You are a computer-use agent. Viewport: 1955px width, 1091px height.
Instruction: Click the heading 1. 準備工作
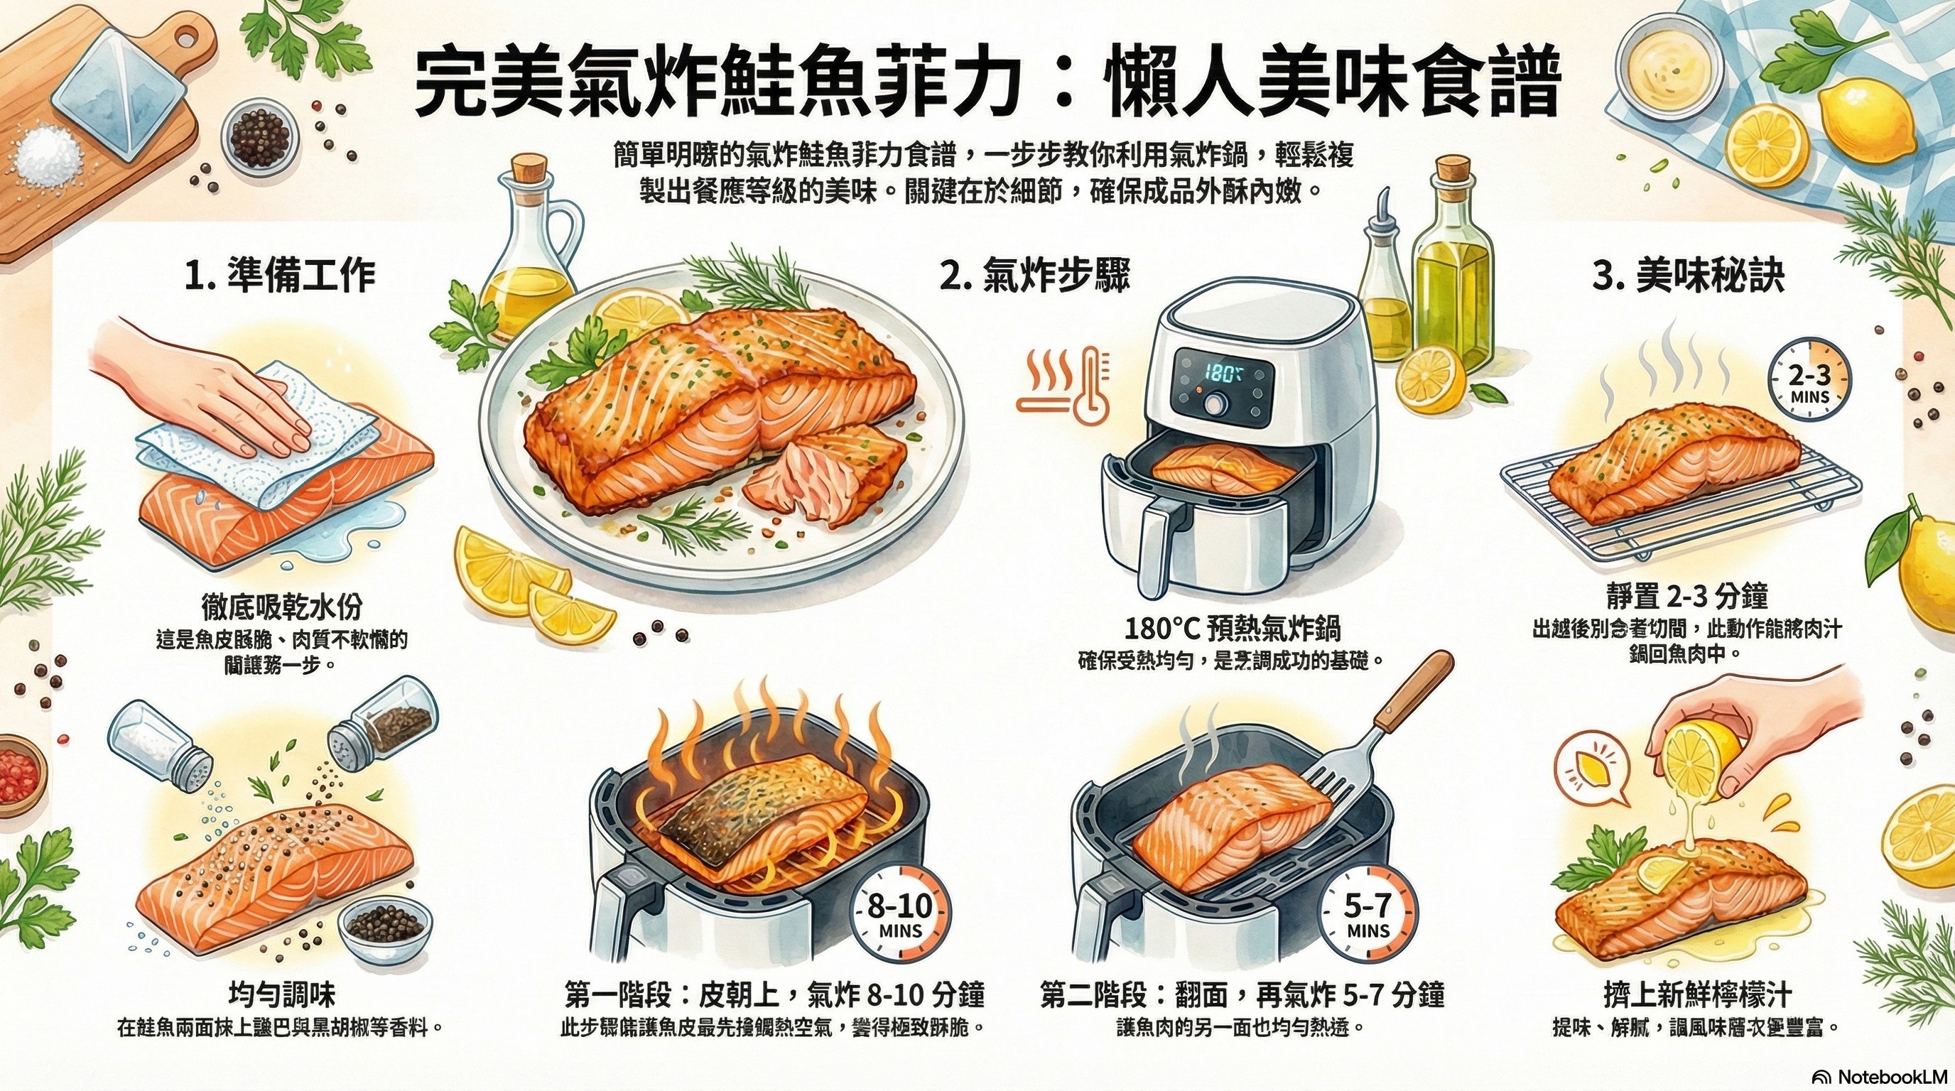(280, 276)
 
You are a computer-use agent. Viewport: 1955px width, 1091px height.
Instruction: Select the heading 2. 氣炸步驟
(1034, 276)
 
